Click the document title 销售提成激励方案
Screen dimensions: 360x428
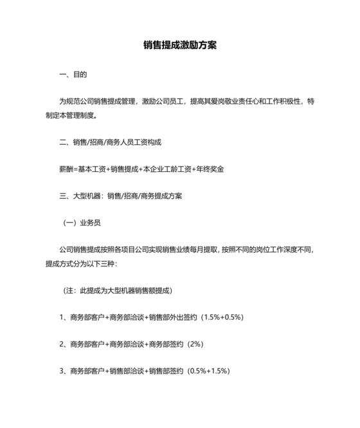pyautogui.click(x=179, y=46)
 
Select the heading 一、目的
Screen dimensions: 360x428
pyautogui.click(x=73, y=75)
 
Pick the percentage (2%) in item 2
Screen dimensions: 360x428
pyautogui.click(x=195, y=344)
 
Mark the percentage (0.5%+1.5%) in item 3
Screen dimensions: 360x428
pyautogui.click(x=208, y=371)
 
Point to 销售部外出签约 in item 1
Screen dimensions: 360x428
pyautogui.click(x=173, y=317)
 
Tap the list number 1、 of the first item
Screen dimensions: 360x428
pyautogui.click(x=63, y=317)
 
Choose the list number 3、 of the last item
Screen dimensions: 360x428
pyautogui.click(x=63, y=371)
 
